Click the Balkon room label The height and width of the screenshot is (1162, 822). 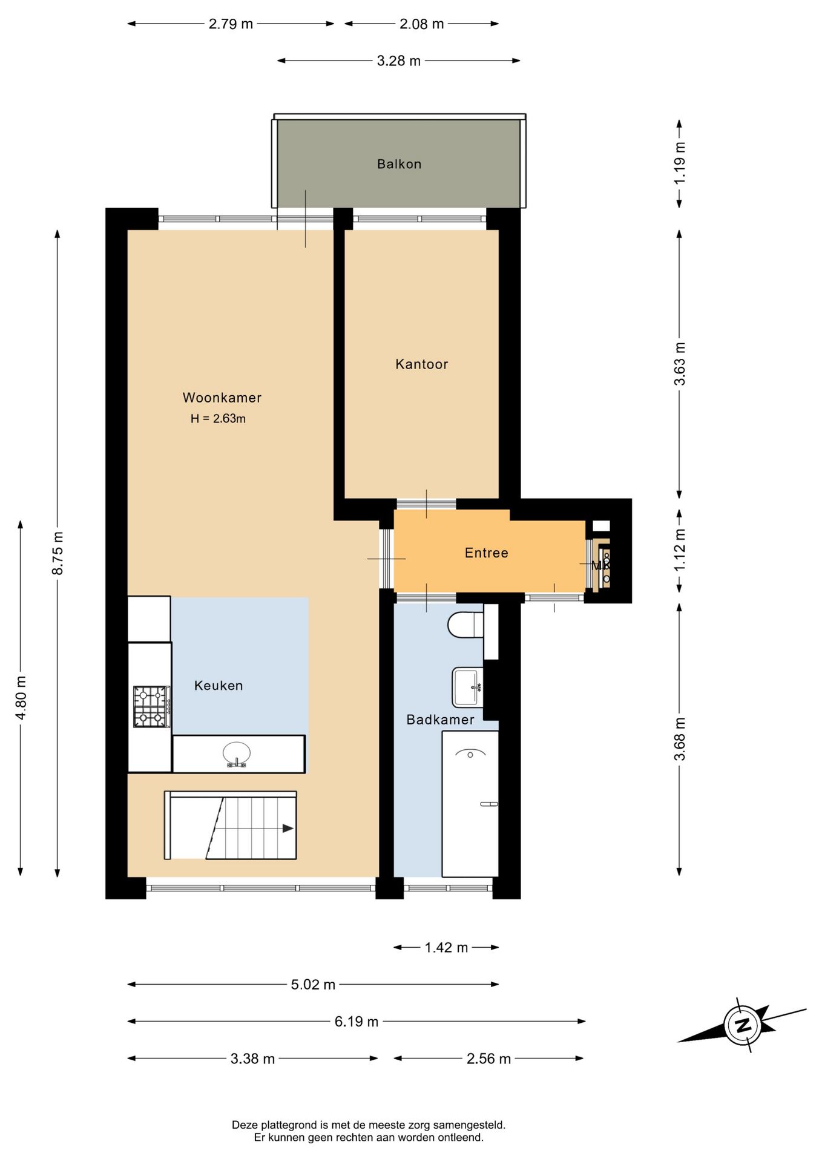[399, 164]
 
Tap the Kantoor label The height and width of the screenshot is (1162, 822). [421, 364]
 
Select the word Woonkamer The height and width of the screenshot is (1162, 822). [222, 398]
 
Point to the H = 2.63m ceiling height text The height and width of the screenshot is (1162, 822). [218, 418]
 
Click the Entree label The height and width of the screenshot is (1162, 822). [486, 553]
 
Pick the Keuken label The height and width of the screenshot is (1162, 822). [219, 686]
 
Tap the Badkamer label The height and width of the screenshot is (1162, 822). [440, 720]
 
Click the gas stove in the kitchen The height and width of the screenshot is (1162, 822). [151, 706]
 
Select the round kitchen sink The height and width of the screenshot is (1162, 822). [237, 754]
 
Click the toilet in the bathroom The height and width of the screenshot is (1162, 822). [465, 625]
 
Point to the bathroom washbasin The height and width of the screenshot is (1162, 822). [468, 687]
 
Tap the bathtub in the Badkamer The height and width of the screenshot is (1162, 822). [470, 804]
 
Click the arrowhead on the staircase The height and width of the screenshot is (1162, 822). [288, 829]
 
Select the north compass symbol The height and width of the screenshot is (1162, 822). [742, 1025]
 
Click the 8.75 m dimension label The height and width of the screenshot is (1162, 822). [58, 553]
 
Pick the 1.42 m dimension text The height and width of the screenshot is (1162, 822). [446, 947]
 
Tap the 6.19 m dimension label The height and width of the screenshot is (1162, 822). [357, 1022]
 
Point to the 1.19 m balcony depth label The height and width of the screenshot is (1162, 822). [680, 163]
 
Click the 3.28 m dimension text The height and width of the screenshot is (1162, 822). [399, 61]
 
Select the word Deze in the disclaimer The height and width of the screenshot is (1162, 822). [245, 1125]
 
